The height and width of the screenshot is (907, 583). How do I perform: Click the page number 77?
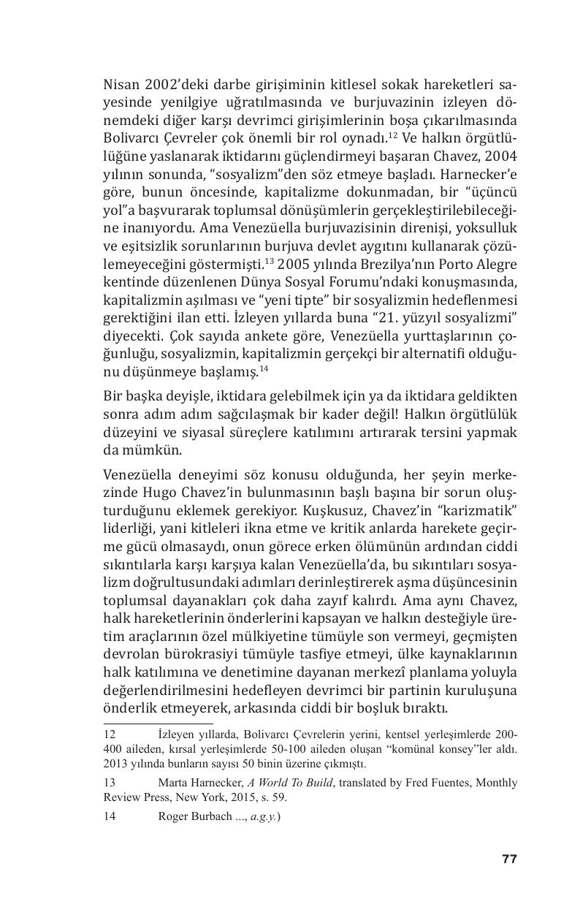point(509,859)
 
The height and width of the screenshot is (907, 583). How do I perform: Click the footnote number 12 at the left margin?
point(110,734)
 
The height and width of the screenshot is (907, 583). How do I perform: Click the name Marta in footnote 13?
point(172,783)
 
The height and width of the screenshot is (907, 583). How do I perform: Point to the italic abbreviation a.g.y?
point(263,816)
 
